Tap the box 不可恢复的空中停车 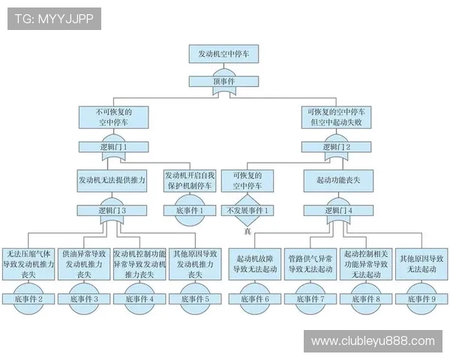112,116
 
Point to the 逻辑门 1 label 112,147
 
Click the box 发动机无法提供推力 112,181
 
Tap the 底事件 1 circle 190,211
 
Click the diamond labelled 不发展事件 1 247,211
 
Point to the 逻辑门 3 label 112,211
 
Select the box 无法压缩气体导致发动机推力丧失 29,264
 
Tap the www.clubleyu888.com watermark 373,341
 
